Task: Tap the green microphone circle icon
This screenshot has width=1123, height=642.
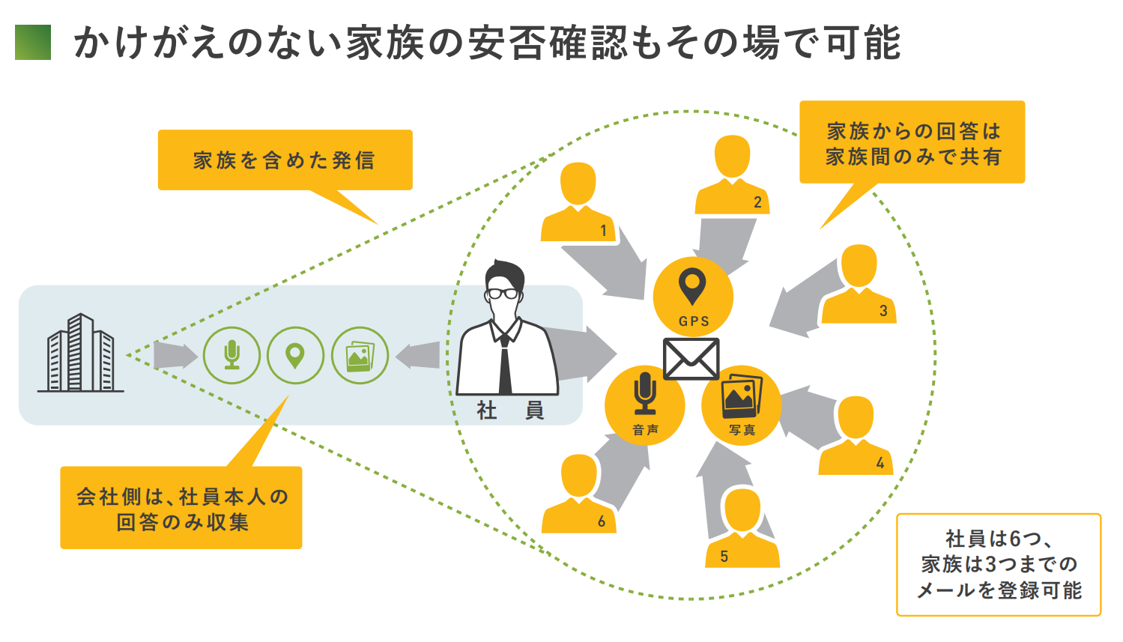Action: click(x=232, y=356)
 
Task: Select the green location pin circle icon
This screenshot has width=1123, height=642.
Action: click(x=296, y=356)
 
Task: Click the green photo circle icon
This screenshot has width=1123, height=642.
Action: click(x=360, y=356)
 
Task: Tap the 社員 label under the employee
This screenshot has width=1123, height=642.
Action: click(x=509, y=410)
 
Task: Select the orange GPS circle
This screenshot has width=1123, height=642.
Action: click(x=693, y=297)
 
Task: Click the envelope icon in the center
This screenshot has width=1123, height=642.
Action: click(x=691, y=359)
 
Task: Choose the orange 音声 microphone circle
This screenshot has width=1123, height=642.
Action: click(x=644, y=405)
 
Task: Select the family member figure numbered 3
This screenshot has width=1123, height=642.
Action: click(x=859, y=285)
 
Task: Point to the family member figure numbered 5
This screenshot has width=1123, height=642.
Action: click(x=742, y=529)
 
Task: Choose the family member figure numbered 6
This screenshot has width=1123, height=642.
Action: click(x=578, y=494)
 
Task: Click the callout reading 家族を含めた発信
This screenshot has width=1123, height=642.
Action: click(x=285, y=160)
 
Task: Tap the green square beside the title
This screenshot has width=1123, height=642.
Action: click(x=33, y=42)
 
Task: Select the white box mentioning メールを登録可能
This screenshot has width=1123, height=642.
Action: click(x=999, y=565)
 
